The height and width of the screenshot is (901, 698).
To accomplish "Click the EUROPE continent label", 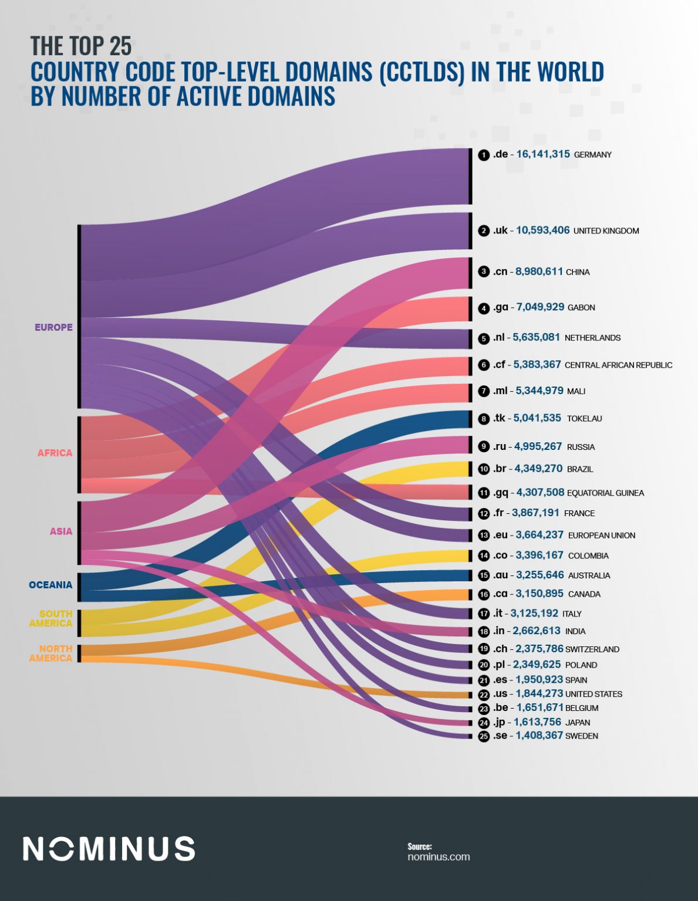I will click(x=53, y=327).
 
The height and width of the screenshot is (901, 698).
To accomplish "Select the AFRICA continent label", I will click(x=55, y=453).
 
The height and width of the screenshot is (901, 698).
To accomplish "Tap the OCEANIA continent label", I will click(x=50, y=585).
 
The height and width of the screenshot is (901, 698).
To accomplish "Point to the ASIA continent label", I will click(x=61, y=531).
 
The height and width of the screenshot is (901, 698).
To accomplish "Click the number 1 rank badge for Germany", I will click(x=484, y=155).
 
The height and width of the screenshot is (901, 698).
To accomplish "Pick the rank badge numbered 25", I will click(x=484, y=736).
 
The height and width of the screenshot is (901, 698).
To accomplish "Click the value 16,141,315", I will click(x=543, y=154).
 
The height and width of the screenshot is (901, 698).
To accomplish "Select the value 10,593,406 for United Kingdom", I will click(x=542, y=230).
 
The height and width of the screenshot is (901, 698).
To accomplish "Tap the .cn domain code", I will click(x=500, y=272).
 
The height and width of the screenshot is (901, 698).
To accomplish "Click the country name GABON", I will click(x=581, y=307).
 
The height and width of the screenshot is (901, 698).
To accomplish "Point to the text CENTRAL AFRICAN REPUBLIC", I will click(x=618, y=365).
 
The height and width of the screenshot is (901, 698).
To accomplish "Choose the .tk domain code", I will click(x=499, y=418).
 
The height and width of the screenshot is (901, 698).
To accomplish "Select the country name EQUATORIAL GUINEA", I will click(x=605, y=493).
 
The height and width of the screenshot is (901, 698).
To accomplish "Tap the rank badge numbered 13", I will click(x=484, y=536).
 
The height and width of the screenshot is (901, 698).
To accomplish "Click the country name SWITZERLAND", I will click(x=592, y=649).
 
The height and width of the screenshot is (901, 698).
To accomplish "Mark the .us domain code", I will click(x=500, y=694).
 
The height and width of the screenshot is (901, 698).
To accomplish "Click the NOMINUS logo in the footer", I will click(x=109, y=849).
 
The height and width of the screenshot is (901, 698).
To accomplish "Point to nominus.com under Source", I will click(x=439, y=856).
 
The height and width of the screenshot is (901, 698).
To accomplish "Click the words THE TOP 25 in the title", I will click(x=81, y=46).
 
